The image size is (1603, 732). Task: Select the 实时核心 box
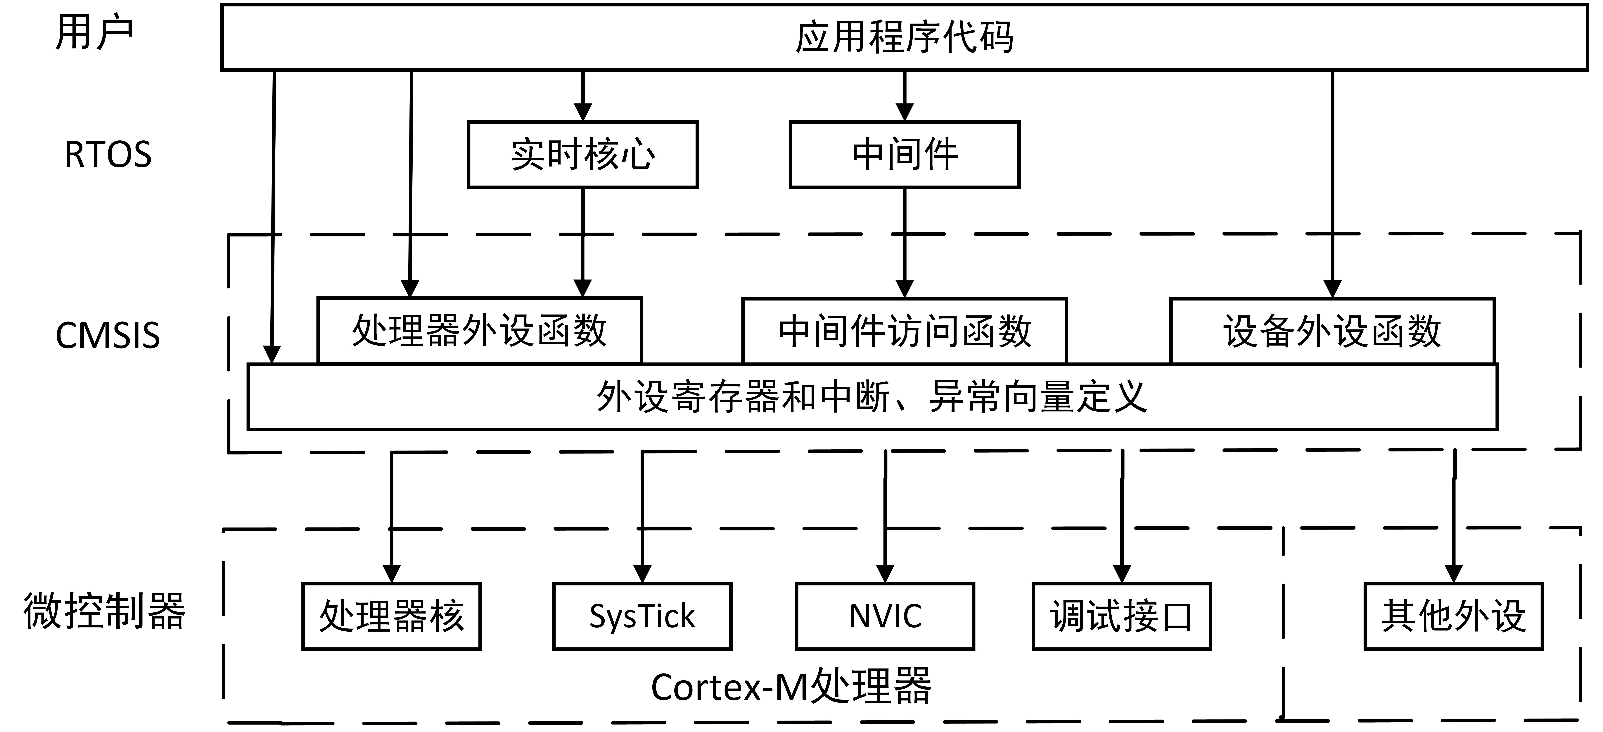coord(582,154)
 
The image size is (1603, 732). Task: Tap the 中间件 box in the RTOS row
coord(904,154)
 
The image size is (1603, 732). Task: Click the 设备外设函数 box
coord(1332,331)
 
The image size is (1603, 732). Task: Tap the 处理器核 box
coord(391,616)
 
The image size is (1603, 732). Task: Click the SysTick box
coord(642,616)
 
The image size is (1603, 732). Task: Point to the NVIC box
coord(885,616)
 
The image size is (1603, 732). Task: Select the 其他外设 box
coord(1454,616)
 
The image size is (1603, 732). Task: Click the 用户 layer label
coord(95,32)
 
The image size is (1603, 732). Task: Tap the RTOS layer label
coord(108,154)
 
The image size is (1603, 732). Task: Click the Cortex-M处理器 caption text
coord(792,687)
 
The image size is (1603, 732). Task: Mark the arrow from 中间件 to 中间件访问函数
coord(904,243)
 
